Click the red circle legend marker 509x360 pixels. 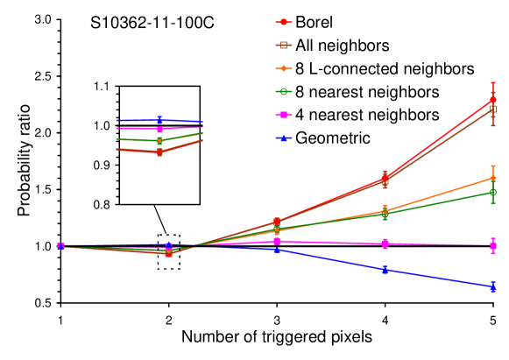point(284,22)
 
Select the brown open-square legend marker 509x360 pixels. point(284,45)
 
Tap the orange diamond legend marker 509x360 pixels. point(284,68)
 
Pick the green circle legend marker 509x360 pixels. point(284,91)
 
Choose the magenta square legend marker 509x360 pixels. point(284,115)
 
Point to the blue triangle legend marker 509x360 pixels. point(284,138)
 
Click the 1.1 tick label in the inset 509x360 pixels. point(102,87)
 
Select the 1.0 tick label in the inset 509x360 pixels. point(102,126)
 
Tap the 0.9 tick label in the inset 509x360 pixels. point(102,165)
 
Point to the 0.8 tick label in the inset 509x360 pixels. point(102,204)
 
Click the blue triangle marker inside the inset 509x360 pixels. point(159,120)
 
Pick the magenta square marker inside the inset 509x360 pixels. point(159,129)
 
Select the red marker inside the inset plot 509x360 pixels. point(159,152)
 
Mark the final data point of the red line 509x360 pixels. point(493,100)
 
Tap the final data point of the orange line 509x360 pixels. point(493,178)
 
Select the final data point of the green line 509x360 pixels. point(493,193)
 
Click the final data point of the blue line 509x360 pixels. point(493,286)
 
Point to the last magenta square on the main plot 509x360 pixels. point(493,245)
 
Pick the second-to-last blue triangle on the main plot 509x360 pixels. point(385,269)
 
